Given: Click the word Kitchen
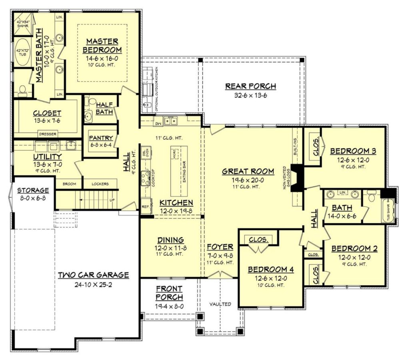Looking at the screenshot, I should click(176, 202).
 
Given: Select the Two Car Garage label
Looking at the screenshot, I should click(93, 275).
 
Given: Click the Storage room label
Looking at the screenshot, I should click(33, 190).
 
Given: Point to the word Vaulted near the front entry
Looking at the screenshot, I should click(220, 304).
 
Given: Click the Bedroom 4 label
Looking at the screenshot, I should click(271, 269).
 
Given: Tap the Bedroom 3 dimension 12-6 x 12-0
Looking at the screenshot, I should click(352, 159).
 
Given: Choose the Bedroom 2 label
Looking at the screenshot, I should click(354, 248).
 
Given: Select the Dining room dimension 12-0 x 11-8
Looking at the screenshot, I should click(170, 248).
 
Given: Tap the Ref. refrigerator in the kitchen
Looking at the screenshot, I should click(146, 207).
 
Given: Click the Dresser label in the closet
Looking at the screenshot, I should click(47, 134).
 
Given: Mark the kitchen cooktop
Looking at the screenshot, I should click(145, 178).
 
